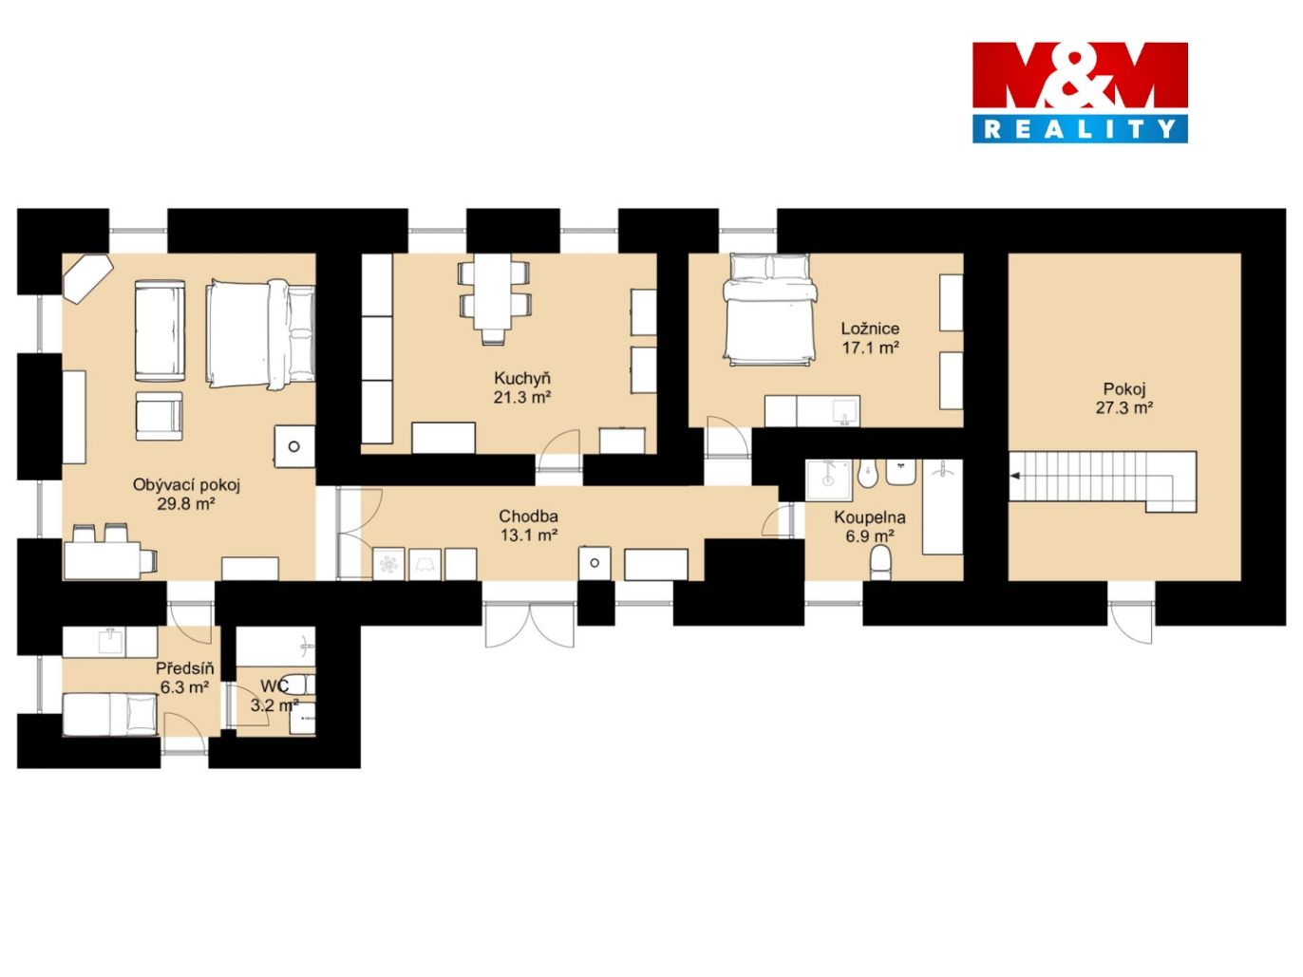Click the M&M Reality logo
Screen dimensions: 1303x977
1079,92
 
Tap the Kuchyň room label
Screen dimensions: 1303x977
522,378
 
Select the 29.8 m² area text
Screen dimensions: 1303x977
186,504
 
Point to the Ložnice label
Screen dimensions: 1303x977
870,328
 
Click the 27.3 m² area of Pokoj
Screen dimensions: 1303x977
1124,407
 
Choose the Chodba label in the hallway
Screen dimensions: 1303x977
528,517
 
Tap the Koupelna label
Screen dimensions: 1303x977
870,517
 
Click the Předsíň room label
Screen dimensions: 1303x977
184,668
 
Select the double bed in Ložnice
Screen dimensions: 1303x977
770,309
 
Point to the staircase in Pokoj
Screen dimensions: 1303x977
1103,481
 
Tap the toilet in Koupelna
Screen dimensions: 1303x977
880,562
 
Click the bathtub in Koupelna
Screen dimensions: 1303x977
942,507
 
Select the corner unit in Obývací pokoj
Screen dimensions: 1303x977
88,279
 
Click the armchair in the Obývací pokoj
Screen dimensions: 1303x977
160,416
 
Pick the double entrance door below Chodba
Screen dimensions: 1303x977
530,625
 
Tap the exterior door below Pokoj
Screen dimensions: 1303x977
1131,622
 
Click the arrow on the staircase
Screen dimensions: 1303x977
1016,476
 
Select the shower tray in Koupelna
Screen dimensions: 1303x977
829,479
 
